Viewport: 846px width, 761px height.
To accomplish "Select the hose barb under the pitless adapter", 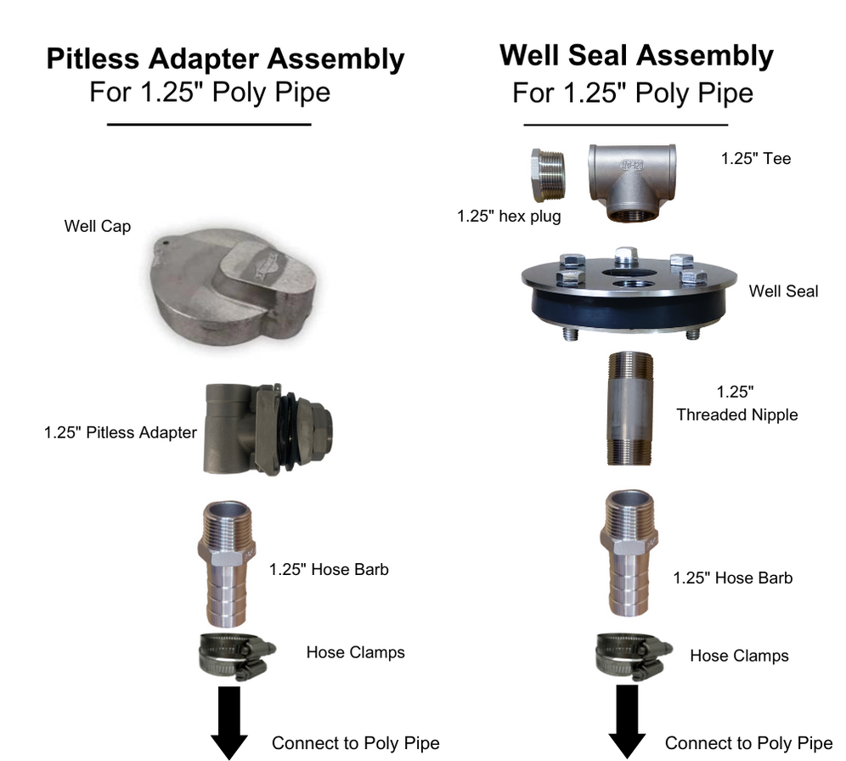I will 228,563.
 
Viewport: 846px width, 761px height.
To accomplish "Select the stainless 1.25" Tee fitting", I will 633,181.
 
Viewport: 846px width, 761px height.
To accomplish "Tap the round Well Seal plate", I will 627,293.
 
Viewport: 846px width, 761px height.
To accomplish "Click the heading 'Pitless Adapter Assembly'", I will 224,59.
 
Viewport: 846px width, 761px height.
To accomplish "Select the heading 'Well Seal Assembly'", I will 636,55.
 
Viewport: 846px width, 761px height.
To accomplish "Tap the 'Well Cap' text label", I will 98,227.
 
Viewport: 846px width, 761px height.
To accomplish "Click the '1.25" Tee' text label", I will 755,159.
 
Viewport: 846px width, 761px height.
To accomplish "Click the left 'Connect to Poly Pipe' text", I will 355,743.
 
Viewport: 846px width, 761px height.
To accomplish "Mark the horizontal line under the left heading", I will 209,125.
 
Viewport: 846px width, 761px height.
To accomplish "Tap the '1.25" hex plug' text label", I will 509,217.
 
